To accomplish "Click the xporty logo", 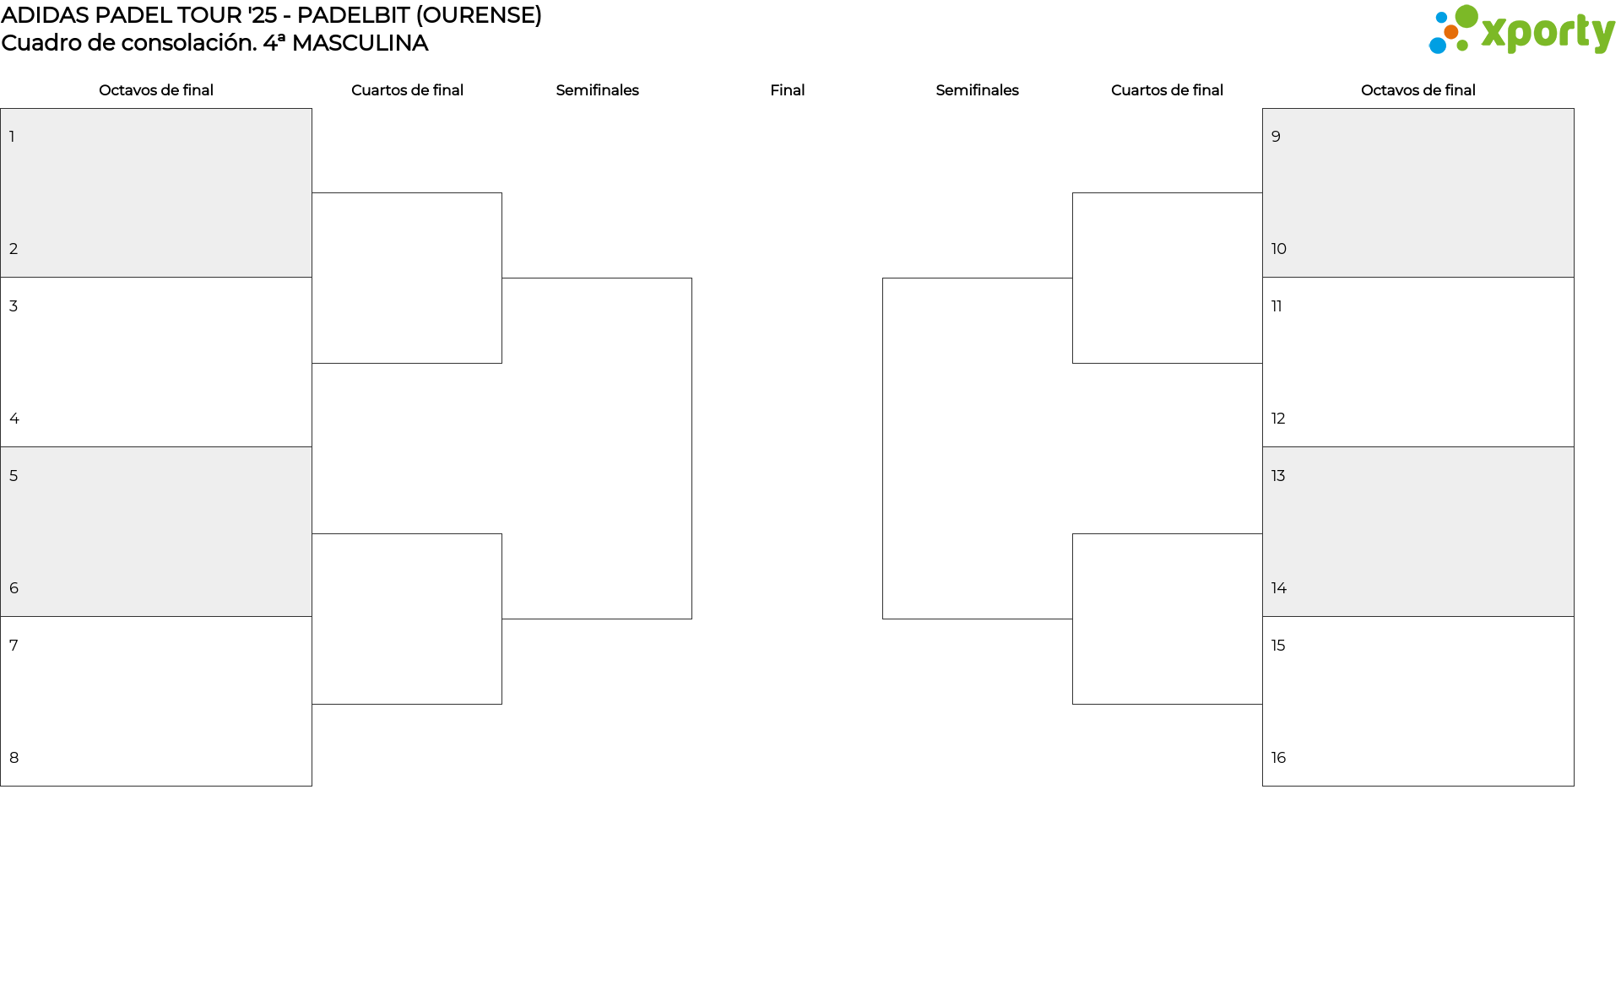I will pos(1521,30).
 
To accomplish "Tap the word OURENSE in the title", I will pos(479,15).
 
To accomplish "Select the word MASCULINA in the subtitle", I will pos(360,43).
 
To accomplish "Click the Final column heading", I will pos(787,90).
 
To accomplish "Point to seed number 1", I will pos(12,137).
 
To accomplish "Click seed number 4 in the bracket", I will pos(14,419).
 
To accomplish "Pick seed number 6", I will pos(14,588).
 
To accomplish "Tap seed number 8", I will pos(14,758).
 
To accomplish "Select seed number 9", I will pos(1276,137).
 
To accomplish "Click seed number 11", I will pos(1277,306).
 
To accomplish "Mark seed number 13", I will pos(1278,476).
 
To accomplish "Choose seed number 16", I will pos(1278,758).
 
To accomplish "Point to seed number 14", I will pos(1278,588).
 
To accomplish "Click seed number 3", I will pos(14,306).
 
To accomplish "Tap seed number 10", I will pos(1278,249).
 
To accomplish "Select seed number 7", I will pos(14,646).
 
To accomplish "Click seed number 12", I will pos(1278,419).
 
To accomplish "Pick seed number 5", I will pos(14,476).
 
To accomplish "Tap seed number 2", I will pos(14,249).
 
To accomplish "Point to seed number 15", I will pos(1278,646).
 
